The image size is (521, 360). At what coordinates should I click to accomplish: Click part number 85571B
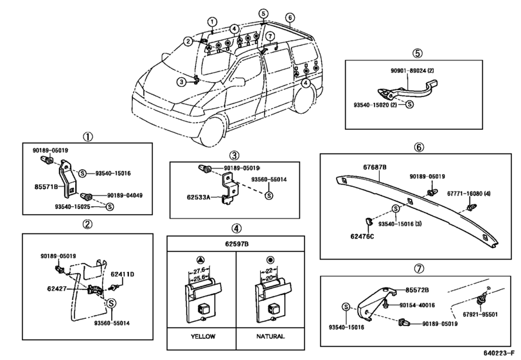pos(46,187)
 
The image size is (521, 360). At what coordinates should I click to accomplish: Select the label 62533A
pos(199,197)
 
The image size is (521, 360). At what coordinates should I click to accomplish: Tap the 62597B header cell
pos(236,244)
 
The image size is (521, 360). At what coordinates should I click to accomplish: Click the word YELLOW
pos(203,336)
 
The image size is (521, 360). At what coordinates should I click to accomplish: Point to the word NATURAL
pos(270,336)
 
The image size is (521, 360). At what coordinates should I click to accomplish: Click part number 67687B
pos(375,167)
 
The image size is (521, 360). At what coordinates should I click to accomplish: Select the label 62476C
pos(362,237)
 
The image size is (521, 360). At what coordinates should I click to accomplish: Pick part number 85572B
pos(417,290)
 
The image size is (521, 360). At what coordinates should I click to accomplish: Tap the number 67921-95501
pos(481,314)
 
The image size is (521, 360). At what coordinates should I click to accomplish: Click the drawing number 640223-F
pos(501,352)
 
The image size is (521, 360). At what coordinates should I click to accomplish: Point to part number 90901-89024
pos(408,71)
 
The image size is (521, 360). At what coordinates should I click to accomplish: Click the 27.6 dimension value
pos(199,270)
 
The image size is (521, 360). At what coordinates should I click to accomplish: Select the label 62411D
pos(122,274)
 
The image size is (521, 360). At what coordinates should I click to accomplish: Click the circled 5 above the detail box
pos(418,53)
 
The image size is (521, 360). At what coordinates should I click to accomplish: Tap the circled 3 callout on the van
pos(181,82)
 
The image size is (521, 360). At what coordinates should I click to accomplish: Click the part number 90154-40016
pos(417,305)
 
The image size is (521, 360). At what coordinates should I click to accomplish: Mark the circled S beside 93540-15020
pos(410,104)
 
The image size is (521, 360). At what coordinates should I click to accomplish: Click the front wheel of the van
pos(213,130)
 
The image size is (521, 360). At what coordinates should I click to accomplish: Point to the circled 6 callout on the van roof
pos(290,17)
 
